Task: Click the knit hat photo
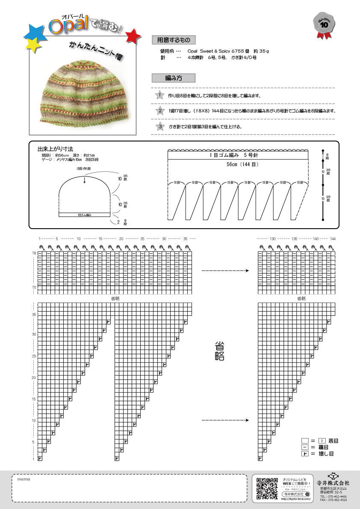[83, 91]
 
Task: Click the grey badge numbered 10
[324, 24]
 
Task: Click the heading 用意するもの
[173, 40]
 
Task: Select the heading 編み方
[173, 78]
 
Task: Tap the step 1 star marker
[159, 95]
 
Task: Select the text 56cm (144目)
[238, 165]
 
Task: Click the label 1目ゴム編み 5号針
[238, 156]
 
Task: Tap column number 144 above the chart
[333, 238]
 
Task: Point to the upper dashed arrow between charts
[225, 271]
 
